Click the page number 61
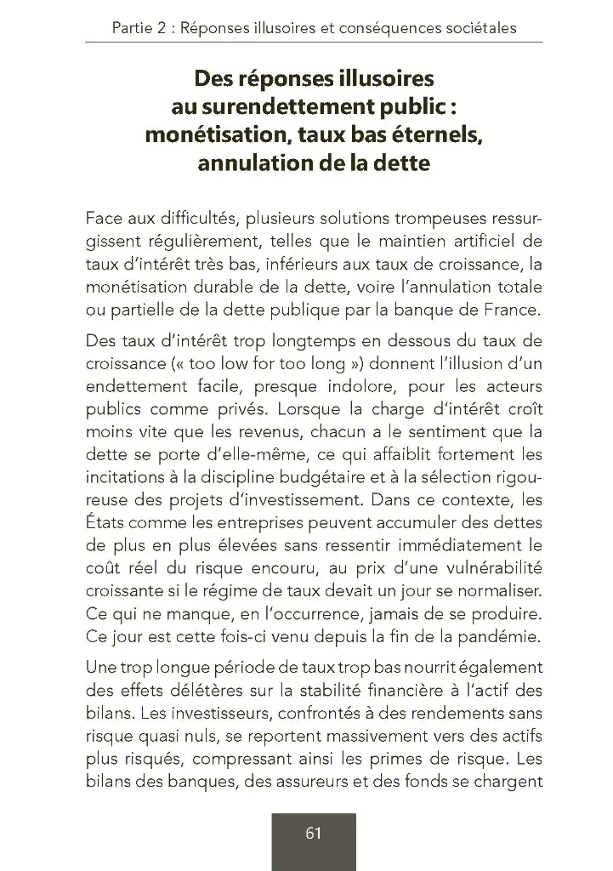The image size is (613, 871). click(313, 834)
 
